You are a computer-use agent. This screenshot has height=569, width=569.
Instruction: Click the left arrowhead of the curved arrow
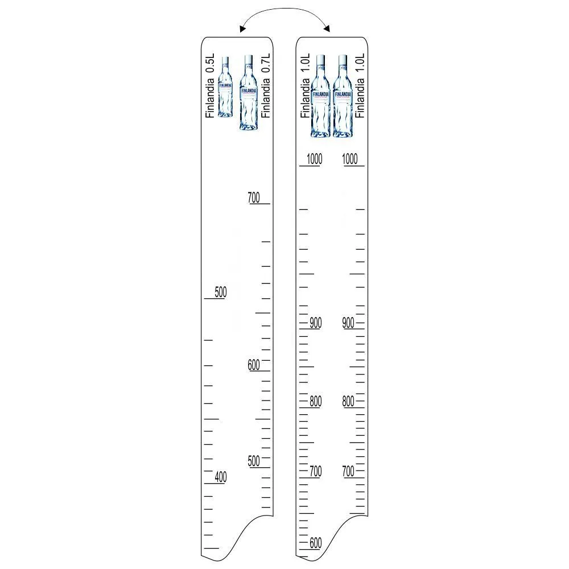[x=242, y=30]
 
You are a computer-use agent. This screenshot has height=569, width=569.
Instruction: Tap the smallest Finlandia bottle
[x=225, y=86]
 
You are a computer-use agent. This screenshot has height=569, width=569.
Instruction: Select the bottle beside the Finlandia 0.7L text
[x=249, y=93]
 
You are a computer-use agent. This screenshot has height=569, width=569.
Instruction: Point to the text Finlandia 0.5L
[x=210, y=86]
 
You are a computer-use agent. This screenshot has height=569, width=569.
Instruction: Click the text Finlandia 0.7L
[x=266, y=86]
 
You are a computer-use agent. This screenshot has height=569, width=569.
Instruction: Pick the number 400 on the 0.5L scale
[x=221, y=476]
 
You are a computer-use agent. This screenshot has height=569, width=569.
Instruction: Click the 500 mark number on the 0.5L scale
[x=221, y=292]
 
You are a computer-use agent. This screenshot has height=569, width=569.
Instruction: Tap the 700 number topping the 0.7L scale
[x=254, y=197]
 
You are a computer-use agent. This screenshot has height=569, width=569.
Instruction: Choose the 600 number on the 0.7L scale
[x=254, y=364]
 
